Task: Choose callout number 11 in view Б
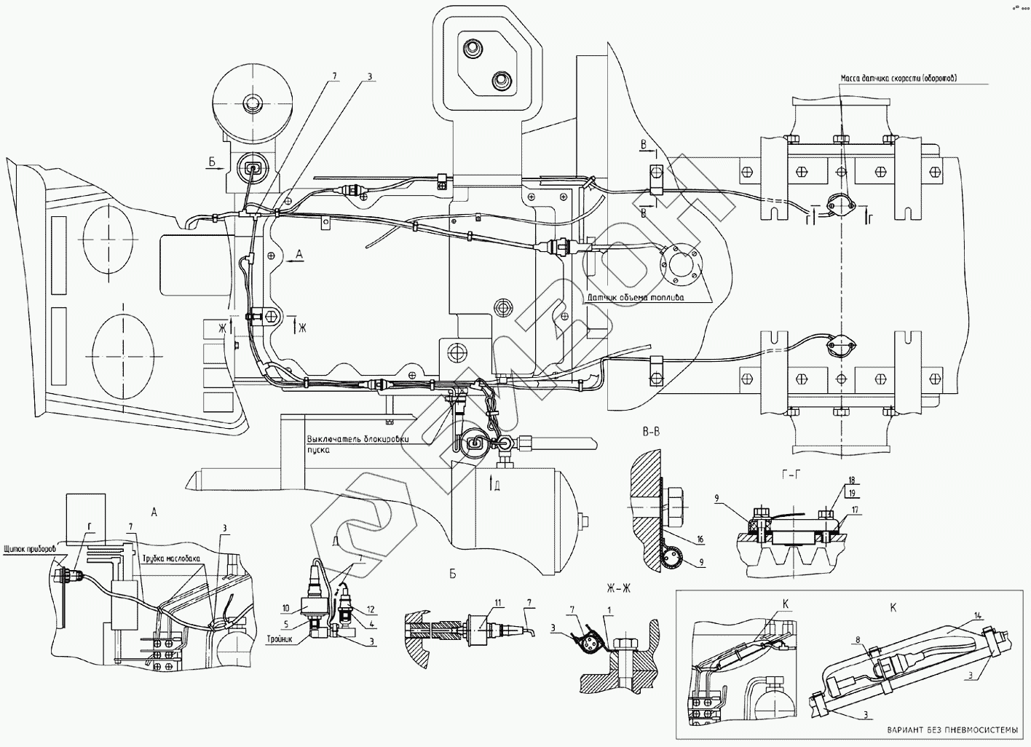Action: pos(498,601)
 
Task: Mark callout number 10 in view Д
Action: pos(286,607)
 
